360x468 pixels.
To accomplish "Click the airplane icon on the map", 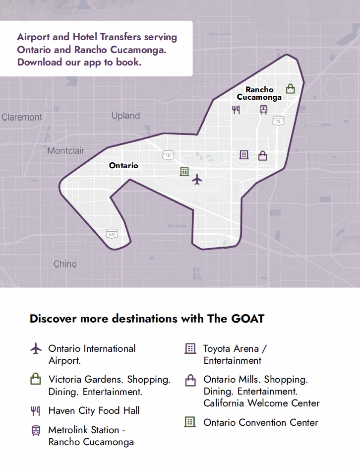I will [x=197, y=179].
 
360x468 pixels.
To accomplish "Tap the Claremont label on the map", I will [x=22, y=117].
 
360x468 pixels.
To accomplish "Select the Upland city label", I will [x=125, y=116].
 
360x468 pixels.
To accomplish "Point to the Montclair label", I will [x=65, y=150].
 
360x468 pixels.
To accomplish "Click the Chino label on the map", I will [x=65, y=264].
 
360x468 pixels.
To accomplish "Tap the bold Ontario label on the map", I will [x=123, y=165].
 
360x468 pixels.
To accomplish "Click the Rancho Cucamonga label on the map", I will [x=259, y=93].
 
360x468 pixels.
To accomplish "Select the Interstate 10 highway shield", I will [x=168, y=155].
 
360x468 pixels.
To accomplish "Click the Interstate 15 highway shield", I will [x=278, y=121].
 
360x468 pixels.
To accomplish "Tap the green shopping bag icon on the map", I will [x=291, y=89].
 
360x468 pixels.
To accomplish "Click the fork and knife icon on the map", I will [x=236, y=109].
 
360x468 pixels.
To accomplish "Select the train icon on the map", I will [x=263, y=110].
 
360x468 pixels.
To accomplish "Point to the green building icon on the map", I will [x=184, y=171].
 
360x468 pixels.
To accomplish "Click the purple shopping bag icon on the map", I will [x=263, y=156].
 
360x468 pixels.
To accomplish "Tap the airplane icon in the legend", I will [x=36, y=349].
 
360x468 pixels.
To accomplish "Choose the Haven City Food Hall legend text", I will [x=94, y=410].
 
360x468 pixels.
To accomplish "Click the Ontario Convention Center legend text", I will [x=260, y=422].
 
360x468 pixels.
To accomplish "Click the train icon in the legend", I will [x=36, y=430].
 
